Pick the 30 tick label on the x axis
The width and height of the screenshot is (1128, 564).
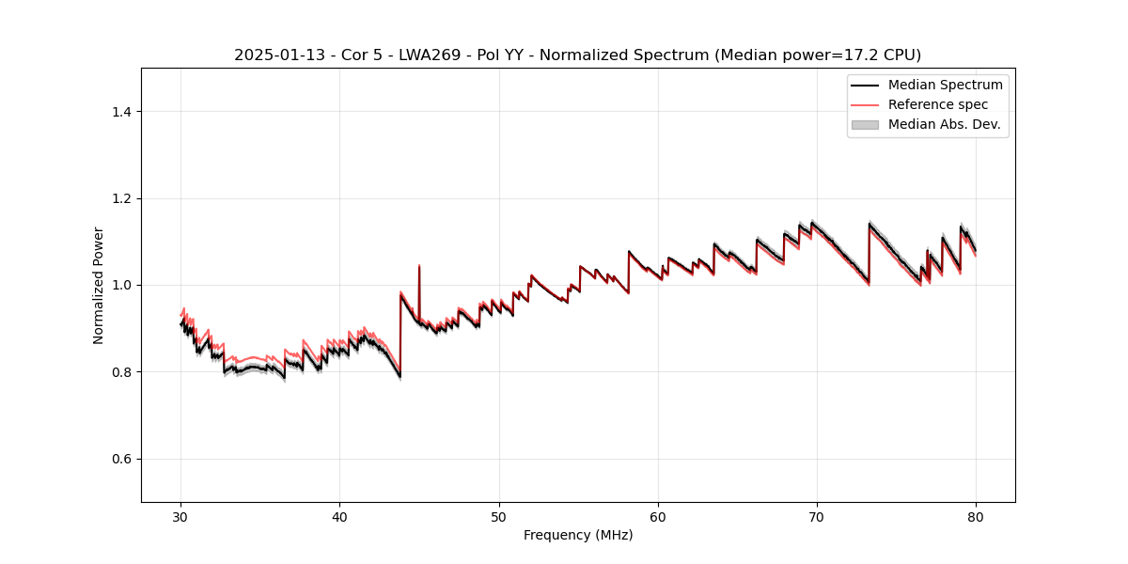tap(181, 516)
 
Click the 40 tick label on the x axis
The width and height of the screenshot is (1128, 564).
tap(340, 516)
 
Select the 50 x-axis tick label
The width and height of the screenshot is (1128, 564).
tap(499, 516)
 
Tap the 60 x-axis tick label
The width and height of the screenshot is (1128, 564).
tap(658, 516)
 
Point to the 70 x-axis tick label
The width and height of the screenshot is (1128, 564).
tap(817, 516)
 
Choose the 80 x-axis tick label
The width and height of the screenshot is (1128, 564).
tap(976, 516)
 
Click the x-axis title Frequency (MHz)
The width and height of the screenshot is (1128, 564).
tap(578, 535)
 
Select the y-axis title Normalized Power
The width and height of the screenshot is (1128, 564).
tap(98, 285)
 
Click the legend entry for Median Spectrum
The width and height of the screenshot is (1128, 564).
tap(945, 85)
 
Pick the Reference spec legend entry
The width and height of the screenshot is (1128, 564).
tap(937, 104)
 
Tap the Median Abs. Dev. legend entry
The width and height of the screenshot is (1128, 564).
tap(944, 124)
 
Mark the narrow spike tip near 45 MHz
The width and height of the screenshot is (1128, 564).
tap(418, 266)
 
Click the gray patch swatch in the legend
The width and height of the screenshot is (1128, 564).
tap(865, 124)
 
